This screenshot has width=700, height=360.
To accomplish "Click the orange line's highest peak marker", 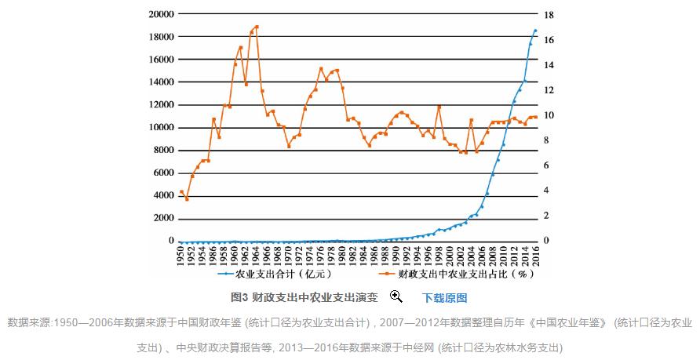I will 257,27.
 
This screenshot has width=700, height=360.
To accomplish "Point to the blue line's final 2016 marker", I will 535,31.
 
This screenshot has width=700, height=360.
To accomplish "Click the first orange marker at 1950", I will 181,191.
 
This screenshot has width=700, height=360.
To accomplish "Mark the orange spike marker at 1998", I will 439,107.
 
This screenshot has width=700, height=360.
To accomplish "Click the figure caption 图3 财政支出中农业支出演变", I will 304,298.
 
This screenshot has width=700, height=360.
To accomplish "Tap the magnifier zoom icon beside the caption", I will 396,296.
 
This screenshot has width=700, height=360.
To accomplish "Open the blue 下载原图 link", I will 445,298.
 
